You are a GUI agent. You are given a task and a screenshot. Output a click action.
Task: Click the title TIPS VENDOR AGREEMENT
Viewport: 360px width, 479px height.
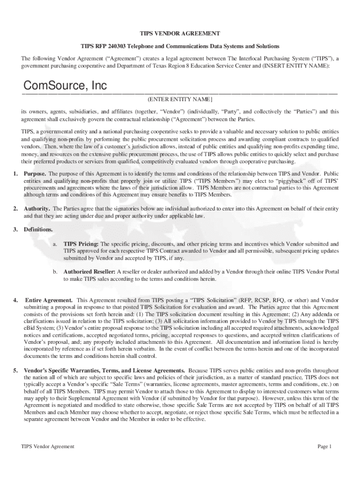click(x=180, y=34)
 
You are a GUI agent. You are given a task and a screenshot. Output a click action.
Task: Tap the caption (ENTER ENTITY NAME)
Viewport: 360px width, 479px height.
click(x=180, y=100)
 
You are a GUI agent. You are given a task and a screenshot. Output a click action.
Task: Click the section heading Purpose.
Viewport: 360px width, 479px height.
click(x=35, y=174)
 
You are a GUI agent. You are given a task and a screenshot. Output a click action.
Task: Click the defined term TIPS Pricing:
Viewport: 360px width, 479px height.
click(x=81, y=244)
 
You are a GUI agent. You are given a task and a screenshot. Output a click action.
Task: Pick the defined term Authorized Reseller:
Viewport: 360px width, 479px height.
click(x=89, y=272)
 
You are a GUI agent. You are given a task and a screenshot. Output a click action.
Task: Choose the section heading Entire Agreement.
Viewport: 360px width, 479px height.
click(x=49, y=299)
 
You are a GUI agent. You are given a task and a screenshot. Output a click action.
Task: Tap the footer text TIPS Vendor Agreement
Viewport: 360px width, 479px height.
click(x=48, y=446)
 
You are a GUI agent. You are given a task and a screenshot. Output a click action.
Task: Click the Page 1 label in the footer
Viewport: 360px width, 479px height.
click(x=324, y=446)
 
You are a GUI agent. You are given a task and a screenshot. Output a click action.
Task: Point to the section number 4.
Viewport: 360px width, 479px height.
click(x=15, y=299)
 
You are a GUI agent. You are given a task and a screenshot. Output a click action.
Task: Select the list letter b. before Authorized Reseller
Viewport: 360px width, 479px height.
click(x=55, y=272)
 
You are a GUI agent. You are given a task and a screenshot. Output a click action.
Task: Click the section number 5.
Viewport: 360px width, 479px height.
click(x=15, y=358)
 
